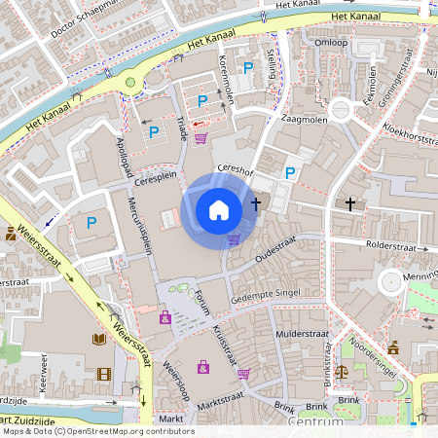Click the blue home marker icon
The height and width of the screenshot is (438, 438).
click(x=219, y=210)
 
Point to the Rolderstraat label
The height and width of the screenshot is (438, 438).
click(x=395, y=247)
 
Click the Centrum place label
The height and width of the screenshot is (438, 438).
click(x=315, y=422)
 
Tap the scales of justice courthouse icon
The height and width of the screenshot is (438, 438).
click(x=342, y=371)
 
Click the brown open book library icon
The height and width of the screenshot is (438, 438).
click(x=98, y=339)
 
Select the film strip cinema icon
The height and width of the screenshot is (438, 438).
click(x=104, y=374)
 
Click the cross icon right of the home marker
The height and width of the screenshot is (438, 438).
click(x=256, y=204)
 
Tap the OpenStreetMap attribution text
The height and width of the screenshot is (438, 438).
click(x=97, y=431)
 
